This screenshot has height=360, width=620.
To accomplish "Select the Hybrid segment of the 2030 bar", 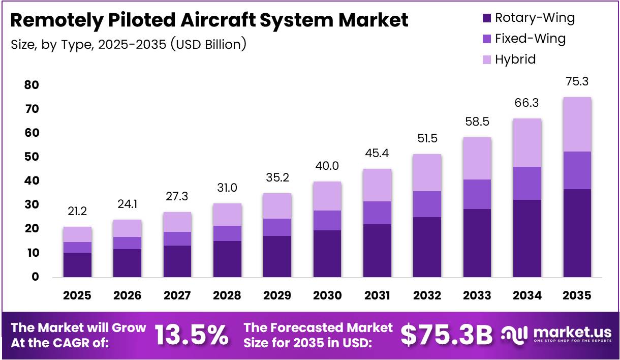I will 327,196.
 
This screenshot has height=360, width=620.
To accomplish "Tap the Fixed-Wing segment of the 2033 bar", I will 477,194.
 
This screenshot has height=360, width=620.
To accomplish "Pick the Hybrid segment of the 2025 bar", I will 77,234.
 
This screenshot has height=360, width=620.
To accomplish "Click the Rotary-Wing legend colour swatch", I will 486,18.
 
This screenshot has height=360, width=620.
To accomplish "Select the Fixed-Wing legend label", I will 530,39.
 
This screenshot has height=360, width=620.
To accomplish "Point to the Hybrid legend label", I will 515,59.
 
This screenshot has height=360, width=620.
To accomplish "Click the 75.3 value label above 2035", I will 576,81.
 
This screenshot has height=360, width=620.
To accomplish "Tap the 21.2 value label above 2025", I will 77,211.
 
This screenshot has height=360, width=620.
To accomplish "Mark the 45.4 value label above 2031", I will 377,153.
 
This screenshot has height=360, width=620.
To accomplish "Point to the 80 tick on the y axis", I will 32,85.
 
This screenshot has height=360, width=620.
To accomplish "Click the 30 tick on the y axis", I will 32,205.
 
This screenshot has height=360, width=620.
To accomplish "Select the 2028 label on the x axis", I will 227,295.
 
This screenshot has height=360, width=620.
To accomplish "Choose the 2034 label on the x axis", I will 526,295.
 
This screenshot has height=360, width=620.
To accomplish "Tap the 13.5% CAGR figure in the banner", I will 191,335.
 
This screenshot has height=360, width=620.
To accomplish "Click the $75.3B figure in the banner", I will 446,335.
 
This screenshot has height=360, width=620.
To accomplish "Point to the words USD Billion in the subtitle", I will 208,45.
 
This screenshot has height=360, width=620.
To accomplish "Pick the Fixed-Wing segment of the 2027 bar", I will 177,239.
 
